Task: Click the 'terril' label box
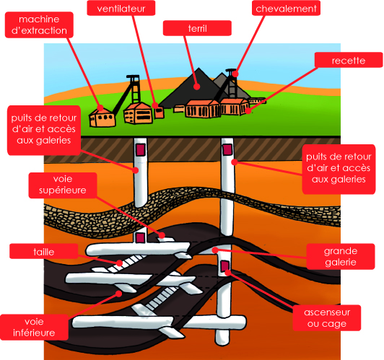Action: [x=197, y=28]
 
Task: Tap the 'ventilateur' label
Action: [x=121, y=9]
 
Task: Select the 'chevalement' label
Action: [x=286, y=9]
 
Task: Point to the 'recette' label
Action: [x=349, y=60]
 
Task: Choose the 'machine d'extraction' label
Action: [x=39, y=25]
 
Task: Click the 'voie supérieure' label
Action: [x=63, y=185]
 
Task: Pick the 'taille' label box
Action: [x=44, y=251]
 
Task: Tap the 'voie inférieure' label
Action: [x=34, y=328]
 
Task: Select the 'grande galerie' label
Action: [x=341, y=257]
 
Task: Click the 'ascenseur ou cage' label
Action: [x=327, y=318]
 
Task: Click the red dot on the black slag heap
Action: [x=196, y=87]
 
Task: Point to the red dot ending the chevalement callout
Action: [x=235, y=74]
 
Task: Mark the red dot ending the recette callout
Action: [x=248, y=110]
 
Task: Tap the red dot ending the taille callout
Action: [x=119, y=263]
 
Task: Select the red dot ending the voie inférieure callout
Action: [x=119, y=294]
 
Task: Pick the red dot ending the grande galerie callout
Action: [x=215, y=250]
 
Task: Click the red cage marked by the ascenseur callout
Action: [x=225, y=266]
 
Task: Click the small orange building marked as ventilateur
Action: [x=159, y=112]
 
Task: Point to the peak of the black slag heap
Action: [x=199, y=68]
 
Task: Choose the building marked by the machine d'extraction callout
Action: [x=102, y=118]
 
